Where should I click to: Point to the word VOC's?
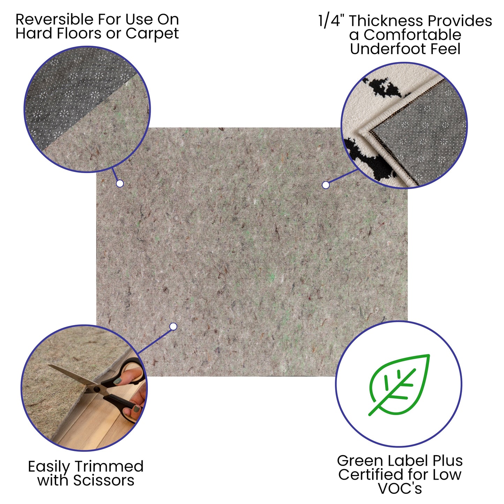point(400,488)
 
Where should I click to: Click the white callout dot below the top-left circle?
point(120,183)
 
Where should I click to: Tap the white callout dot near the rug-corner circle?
point(326,185)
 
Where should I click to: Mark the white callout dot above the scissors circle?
point(173,326)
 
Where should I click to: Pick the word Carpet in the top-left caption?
point(152,34)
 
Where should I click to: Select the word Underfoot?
point(388,49)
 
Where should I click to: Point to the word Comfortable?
point(412,35)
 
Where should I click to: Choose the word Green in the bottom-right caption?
point(359,461)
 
